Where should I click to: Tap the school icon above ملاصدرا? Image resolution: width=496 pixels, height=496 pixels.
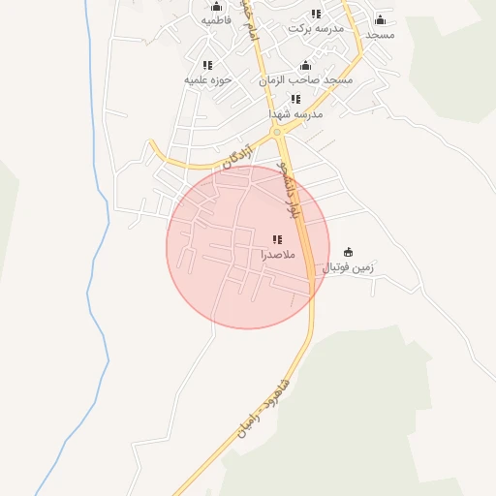coord(277,239)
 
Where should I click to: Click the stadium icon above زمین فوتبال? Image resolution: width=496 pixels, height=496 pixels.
coord(349,251)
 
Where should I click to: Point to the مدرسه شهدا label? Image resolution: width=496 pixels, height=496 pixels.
coord(295,114)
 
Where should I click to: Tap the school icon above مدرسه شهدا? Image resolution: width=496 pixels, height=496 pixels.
coord(295,99)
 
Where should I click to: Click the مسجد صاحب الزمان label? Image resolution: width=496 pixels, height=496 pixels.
coord(305,80)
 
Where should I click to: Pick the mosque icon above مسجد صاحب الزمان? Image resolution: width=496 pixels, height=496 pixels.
coord(305,65)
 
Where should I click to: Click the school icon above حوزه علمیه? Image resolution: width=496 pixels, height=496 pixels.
coord(207,65)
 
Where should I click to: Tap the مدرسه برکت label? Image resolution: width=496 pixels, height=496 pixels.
coord(316,29)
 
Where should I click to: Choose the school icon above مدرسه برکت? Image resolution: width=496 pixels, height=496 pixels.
coord(316,14)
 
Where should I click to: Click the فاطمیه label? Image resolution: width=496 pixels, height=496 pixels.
coord(216,20)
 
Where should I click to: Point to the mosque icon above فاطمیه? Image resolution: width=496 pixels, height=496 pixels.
coord(216,6)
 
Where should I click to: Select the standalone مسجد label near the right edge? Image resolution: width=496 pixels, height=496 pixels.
coord(381,35)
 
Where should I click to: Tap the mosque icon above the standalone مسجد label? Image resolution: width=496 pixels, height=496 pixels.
coord(380,19)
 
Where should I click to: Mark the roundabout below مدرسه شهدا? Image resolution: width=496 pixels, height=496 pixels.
coord(277,131)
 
